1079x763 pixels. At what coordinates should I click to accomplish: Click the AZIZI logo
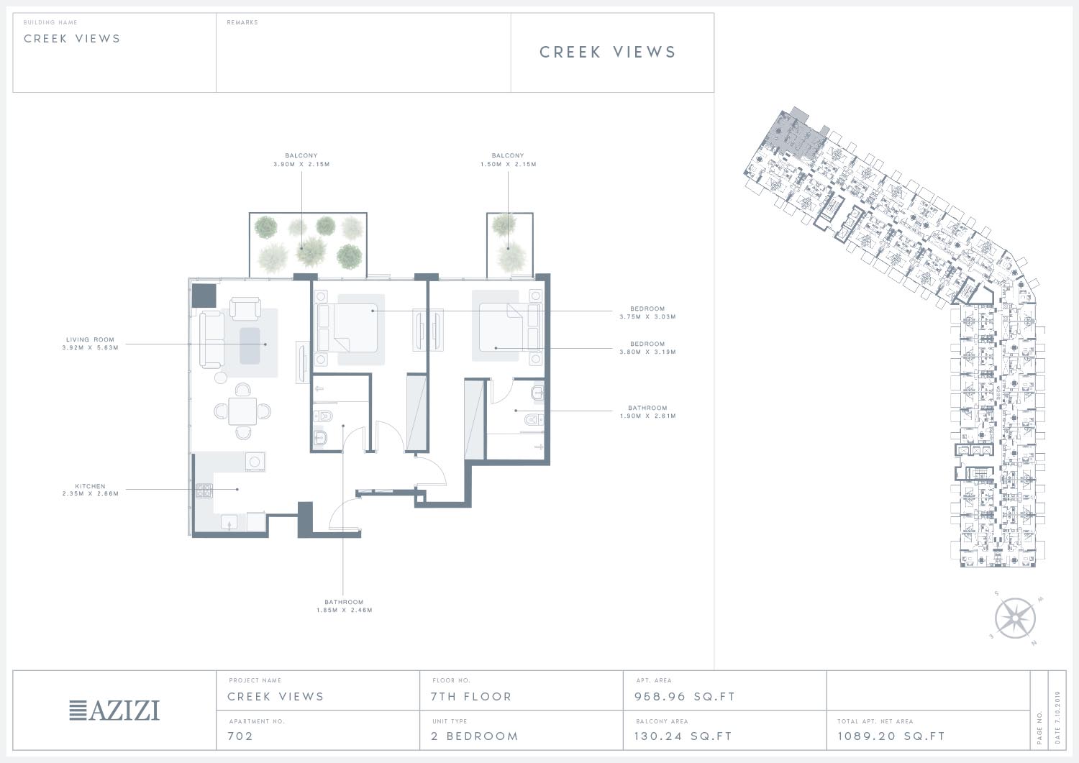[x=114, y=710]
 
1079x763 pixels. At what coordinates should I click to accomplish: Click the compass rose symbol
[x=1015, y=618]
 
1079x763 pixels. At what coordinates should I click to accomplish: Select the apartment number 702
[x=240, y=736]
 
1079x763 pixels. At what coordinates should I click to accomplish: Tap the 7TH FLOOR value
[x=470, y=697]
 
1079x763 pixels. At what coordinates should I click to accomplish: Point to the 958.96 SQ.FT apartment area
[x=685, y=697]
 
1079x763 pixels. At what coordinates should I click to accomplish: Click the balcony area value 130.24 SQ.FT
[x=683, y=736]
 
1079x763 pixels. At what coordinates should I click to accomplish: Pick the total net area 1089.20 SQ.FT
[x=891, y=736]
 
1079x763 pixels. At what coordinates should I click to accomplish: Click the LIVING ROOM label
[x=90, y=339]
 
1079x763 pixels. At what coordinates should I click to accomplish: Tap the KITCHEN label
[x=90, y=487]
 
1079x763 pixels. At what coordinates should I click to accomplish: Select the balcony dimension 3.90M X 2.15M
[x=301, y=164]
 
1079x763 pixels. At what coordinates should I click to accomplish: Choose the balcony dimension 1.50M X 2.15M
[x=508, y=164]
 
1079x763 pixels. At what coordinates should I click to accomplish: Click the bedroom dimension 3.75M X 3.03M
[x=647, y=317]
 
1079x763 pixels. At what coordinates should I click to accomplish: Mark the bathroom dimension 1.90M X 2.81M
[x=648, y=416]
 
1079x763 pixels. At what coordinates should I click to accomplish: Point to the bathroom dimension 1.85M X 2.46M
[x=344, y=611]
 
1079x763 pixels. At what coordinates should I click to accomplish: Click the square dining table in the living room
[x=242, y=411]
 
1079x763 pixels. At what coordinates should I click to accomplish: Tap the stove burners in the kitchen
[x=204, y=491]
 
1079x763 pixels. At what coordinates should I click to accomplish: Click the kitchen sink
[x=229, y=521]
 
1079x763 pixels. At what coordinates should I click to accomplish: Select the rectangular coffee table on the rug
[x=250, y=346]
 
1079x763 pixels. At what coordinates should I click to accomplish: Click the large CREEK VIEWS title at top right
[x=607, y=52]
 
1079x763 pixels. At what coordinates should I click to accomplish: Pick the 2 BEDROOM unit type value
[x=475, y=736]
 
